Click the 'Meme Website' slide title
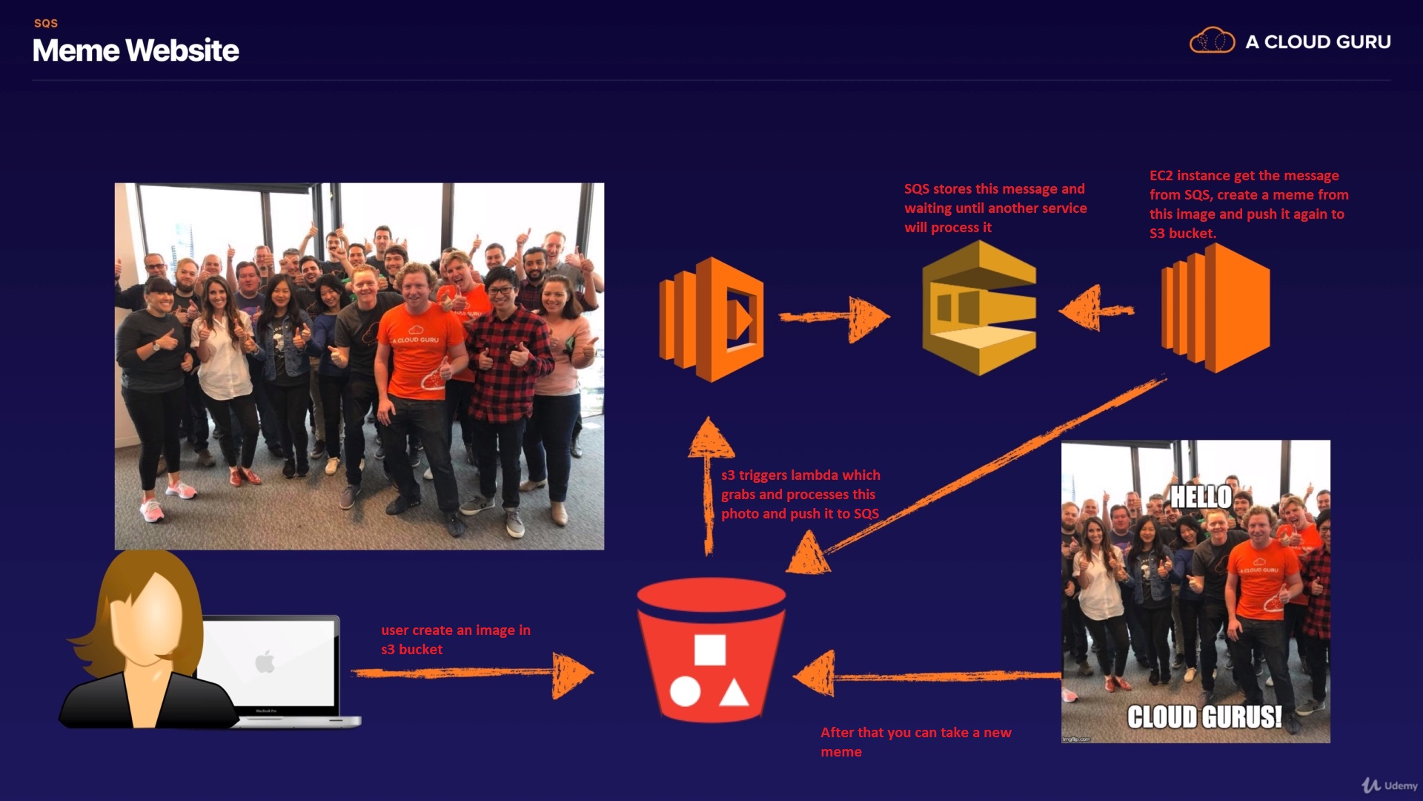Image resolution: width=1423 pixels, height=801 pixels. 136,50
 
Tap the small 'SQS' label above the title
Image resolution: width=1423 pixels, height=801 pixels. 46,23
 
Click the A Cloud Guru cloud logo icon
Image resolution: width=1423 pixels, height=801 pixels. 1212,41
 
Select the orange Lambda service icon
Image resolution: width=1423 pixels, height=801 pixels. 711,320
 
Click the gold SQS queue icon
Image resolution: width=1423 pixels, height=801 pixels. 979,308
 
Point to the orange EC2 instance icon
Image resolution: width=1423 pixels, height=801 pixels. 1215,308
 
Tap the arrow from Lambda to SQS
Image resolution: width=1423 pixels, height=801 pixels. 835,317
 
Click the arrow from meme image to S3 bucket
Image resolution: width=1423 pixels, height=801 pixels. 926,675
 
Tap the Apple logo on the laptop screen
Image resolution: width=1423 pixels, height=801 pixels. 265,661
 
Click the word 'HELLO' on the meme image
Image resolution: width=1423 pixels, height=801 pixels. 1201,497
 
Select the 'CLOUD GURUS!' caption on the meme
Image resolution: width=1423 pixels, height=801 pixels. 1204,717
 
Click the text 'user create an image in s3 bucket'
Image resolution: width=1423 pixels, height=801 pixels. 455,639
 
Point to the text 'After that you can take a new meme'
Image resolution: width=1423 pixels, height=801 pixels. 915,742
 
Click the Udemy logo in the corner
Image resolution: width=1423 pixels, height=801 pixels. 1390,785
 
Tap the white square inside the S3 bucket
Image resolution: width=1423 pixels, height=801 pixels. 709,650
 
